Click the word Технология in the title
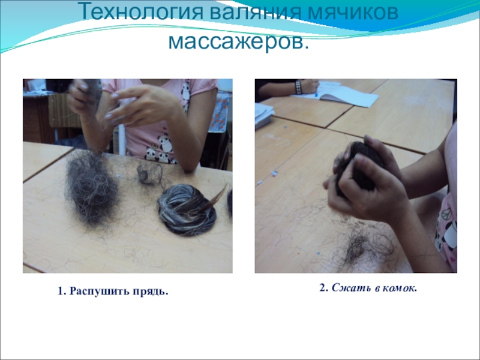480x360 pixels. pyautogui.click(x=142, y=12)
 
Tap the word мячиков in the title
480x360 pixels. pyautogui.click(x=352, y=12)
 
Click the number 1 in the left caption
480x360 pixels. pyautogui.click(x=61, y=291)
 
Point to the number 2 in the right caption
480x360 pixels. pyautogui.click(x=322, y=287)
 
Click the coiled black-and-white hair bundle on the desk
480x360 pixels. pyautogui.click(x=187, y=209)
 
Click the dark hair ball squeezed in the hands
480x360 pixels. pyautogui.click(x=358, y=167)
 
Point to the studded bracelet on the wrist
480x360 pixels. pyautogui.click(x=298, y=87)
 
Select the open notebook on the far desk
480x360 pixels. pyautogui.click(x=336, y=94)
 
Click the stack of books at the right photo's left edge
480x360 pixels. pyautogui.click(x=263, y=115)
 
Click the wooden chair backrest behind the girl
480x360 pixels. pyautogui.click(x=64, y=110)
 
